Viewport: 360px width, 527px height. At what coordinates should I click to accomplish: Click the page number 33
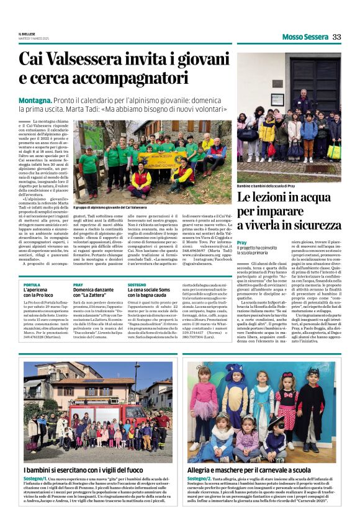coord(336,37)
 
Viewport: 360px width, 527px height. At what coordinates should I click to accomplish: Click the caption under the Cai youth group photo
coord(110,207)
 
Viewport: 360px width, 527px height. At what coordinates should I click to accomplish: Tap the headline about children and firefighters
coord(93,470)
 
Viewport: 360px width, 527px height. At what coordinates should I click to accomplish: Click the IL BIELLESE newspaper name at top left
coord(27,34)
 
